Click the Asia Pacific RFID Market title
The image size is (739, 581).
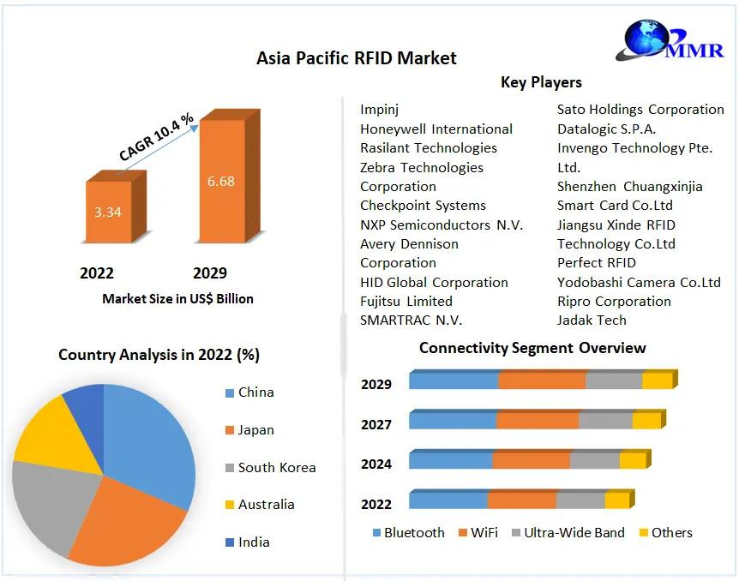pyautogui.click(x=357, y=58)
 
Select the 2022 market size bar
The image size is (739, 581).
pyautogui.click(x=116, y=207)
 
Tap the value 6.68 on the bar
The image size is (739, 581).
pyautogui.click(x=220, y=181)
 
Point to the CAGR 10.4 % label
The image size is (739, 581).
pyautogui.click(x=156, y=136)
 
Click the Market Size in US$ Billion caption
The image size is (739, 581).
pyautogui.click(x=177, y=299)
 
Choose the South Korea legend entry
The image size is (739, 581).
pyautogui.click(x=271, y=467)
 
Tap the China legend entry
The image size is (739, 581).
pyautogui.click(x=249, y=392)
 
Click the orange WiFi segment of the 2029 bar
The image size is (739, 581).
pyautogui.click(x=542, y=380)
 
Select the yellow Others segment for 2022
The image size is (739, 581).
pyautogui.click(x=617, y=500)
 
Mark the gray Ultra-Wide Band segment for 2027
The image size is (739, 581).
pyautogui.click(x=605, y=420)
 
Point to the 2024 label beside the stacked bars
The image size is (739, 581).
pyautogui.click(x=376, y=464)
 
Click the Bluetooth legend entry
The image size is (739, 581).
pyautogui.click(x=409, y=532)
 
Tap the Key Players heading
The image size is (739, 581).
pyautogui.click(x=541, y=82)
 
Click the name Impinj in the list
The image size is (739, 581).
pyautogui.click(x=380, y=110)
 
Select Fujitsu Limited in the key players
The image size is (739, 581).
pyautogui.click(x=406, y=301)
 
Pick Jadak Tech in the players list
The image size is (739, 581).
pyautogui.click(x=592, y=320)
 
